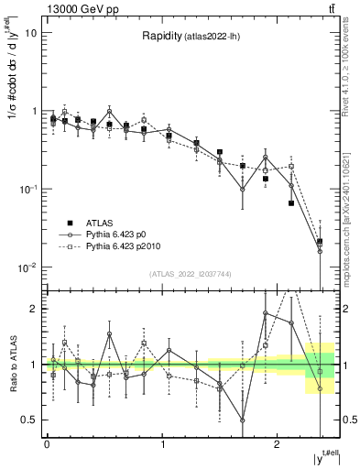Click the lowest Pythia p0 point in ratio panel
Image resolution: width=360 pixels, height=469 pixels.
[243, 420]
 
